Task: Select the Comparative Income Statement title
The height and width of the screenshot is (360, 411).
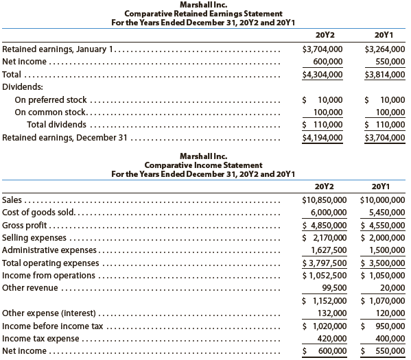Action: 204,165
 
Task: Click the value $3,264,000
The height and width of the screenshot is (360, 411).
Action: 384,49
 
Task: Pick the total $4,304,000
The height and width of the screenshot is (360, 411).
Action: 322,75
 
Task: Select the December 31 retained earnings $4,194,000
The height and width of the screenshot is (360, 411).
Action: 322,137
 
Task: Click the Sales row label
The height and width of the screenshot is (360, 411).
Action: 11,200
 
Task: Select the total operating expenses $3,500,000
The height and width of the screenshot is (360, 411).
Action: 384,263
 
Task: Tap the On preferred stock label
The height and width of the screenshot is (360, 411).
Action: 51,100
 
